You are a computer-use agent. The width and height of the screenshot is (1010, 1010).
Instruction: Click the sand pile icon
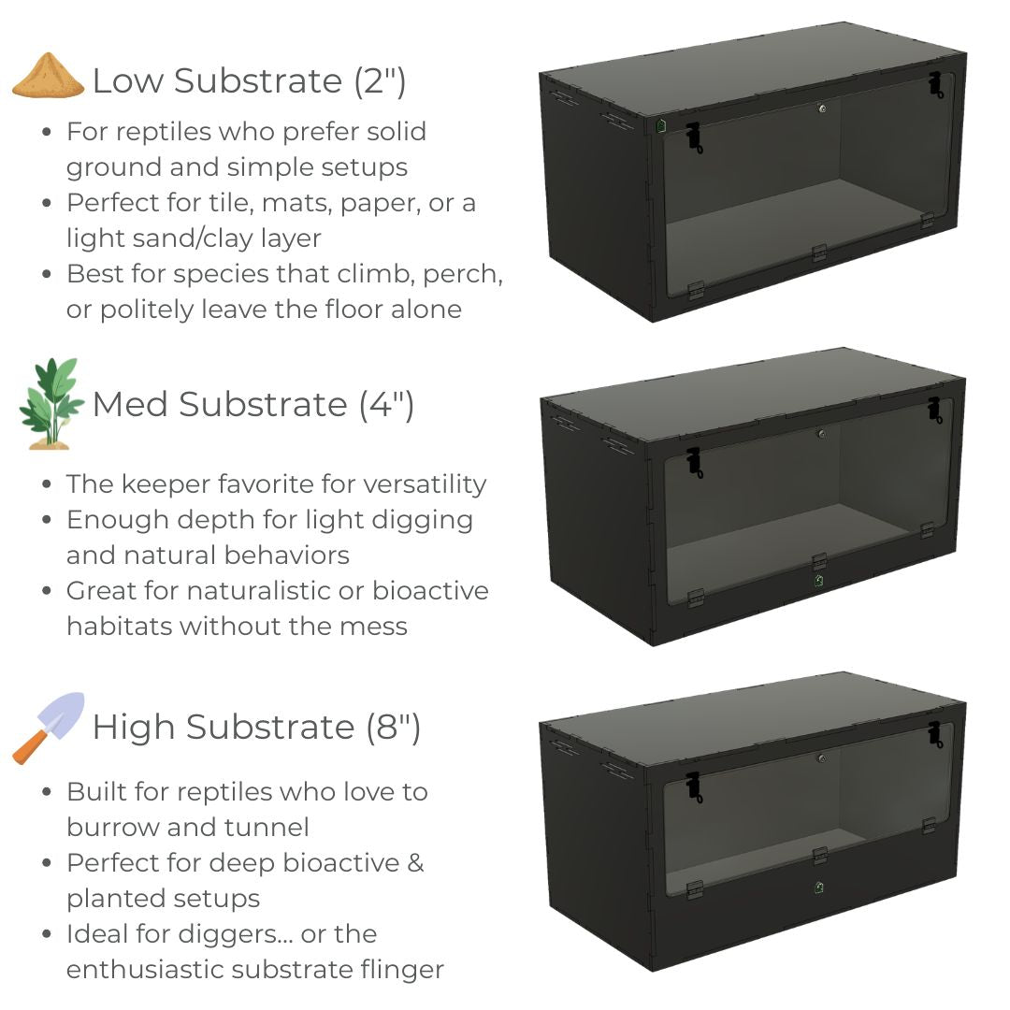coord(48,76)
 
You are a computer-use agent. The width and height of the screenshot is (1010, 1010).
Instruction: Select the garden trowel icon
coord(49,728)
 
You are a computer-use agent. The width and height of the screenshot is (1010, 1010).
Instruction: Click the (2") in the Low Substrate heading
coord(380,81)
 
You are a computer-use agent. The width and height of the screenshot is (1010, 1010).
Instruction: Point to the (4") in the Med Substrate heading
coord(386,405)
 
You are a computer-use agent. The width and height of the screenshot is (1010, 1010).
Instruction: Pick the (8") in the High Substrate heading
coord(393,728)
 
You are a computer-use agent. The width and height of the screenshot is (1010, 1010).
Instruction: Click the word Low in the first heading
coord(128,81)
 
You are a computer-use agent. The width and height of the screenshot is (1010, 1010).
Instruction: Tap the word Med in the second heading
coord(131,405)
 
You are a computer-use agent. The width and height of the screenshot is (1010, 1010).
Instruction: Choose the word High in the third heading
coord(134,728)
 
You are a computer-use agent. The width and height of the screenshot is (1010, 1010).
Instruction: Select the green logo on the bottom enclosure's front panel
coord(818,887)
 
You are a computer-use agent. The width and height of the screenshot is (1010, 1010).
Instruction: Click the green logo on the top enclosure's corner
coord(661,125)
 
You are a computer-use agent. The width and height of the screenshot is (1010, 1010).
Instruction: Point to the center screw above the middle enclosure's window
coord(822,434)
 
